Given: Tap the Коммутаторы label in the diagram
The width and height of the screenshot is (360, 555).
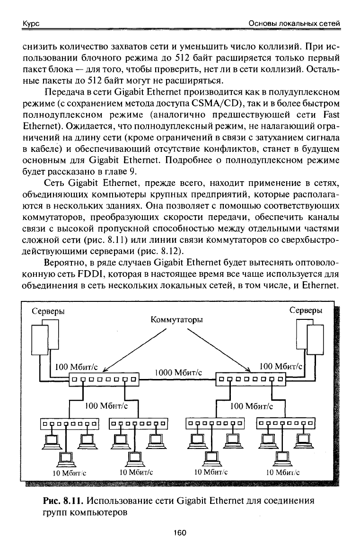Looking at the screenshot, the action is pos(176,320).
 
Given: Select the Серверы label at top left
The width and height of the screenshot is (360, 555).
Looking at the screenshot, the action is pos(48,311).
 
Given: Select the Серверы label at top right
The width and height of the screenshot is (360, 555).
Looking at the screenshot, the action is pos(306,310).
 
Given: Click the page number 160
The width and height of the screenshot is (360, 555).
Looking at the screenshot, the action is pos(180,533).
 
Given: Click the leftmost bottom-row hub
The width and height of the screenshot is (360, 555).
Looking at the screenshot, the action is pos(69,423).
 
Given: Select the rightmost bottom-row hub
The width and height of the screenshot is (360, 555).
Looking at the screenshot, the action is pos(286,423).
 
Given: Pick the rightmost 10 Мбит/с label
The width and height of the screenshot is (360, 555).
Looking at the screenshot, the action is pos(283,472).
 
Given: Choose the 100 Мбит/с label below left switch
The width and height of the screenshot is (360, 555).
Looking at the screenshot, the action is pos(106,405).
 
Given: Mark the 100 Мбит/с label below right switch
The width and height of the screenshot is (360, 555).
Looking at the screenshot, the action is pos(252,405).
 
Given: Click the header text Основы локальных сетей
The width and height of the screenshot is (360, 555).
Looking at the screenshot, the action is pos(295,24).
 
